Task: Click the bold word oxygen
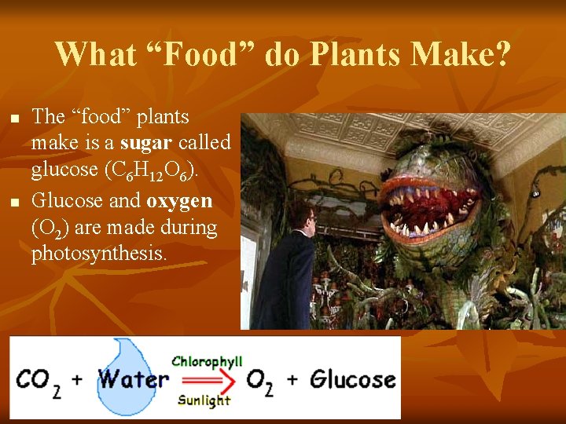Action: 179,200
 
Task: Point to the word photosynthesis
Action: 99,254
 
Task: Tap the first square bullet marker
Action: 14,119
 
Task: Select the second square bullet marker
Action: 14,203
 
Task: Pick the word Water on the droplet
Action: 133,380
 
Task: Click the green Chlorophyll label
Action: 207,361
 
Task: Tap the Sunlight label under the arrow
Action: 204,400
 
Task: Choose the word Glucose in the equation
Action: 352,379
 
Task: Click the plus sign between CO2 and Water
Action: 77,380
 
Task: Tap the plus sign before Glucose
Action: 292,380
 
